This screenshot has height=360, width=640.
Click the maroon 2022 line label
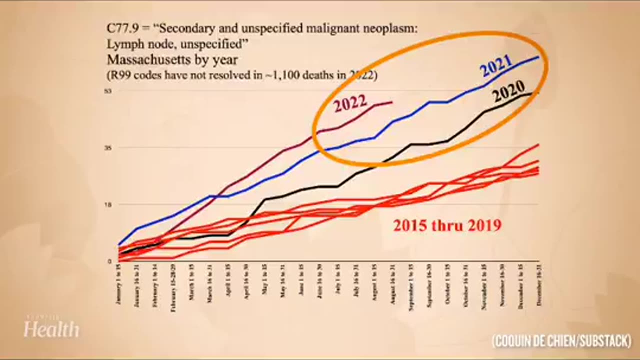tap(350, 104)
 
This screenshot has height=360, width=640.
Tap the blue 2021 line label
tap(496, 65)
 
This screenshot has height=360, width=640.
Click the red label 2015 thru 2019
tap(447, 225)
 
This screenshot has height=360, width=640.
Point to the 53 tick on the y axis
tap(107, 90)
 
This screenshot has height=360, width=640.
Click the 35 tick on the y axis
tap(107, 147)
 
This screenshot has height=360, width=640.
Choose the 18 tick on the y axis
tap(107, 204)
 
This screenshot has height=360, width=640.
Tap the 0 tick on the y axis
tap(109, 261)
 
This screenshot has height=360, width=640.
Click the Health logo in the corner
tap(51, 328)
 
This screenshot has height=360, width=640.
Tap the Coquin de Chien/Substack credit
tap(561, 341)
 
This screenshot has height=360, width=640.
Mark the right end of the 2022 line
tap(392, 102)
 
